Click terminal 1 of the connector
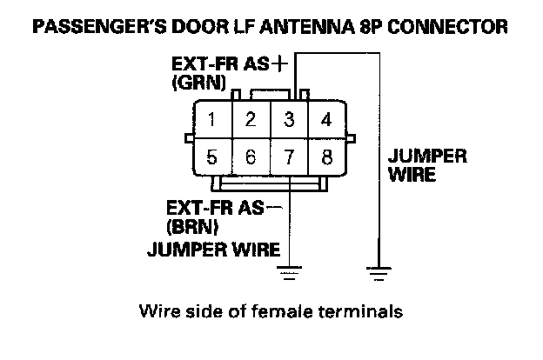tap(211, 119)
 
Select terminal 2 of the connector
tap(250, 119)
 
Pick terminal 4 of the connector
tap(326, 119)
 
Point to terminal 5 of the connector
tap(211, 157)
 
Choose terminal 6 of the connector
tap(250, 157)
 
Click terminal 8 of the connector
tap(326, 157)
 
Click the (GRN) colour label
tap(199, 84)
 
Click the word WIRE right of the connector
tap(412, 175)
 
